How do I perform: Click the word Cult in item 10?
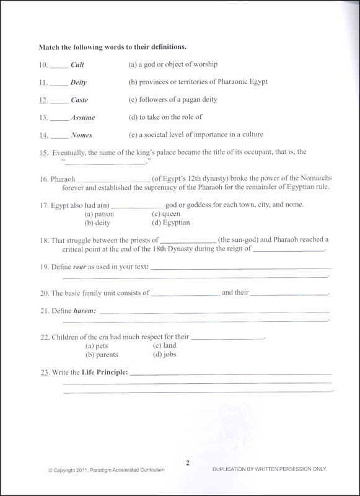[78, 64]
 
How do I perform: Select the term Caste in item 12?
[79, 99]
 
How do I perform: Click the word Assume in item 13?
[83, 117]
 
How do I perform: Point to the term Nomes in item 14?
[81, 135]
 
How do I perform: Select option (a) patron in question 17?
[100, 214]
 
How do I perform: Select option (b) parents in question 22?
[102, 355]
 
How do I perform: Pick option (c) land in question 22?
[164, 346]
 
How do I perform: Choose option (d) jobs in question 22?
[164, 355]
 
